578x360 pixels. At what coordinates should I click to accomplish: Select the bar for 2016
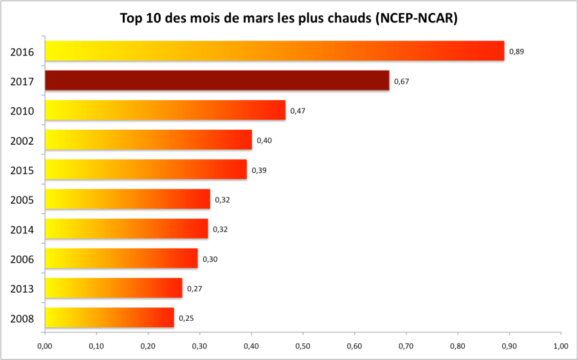point(275,51)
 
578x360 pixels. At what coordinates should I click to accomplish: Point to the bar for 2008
point(109,318)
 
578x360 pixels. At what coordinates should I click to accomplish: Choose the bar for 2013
point(114,288)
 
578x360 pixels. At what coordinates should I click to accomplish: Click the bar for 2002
point(149,139)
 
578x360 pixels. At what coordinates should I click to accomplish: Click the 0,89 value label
point(516,51)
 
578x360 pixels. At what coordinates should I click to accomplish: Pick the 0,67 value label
point(402,81)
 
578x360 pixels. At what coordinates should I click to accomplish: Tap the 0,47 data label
point(298,111)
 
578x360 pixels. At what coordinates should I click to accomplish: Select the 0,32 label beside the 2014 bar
point(221,229)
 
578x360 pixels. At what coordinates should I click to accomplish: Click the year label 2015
point(23,170)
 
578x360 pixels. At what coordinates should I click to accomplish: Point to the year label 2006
point(23,259)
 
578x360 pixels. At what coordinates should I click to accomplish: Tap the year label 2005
point(23,200)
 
